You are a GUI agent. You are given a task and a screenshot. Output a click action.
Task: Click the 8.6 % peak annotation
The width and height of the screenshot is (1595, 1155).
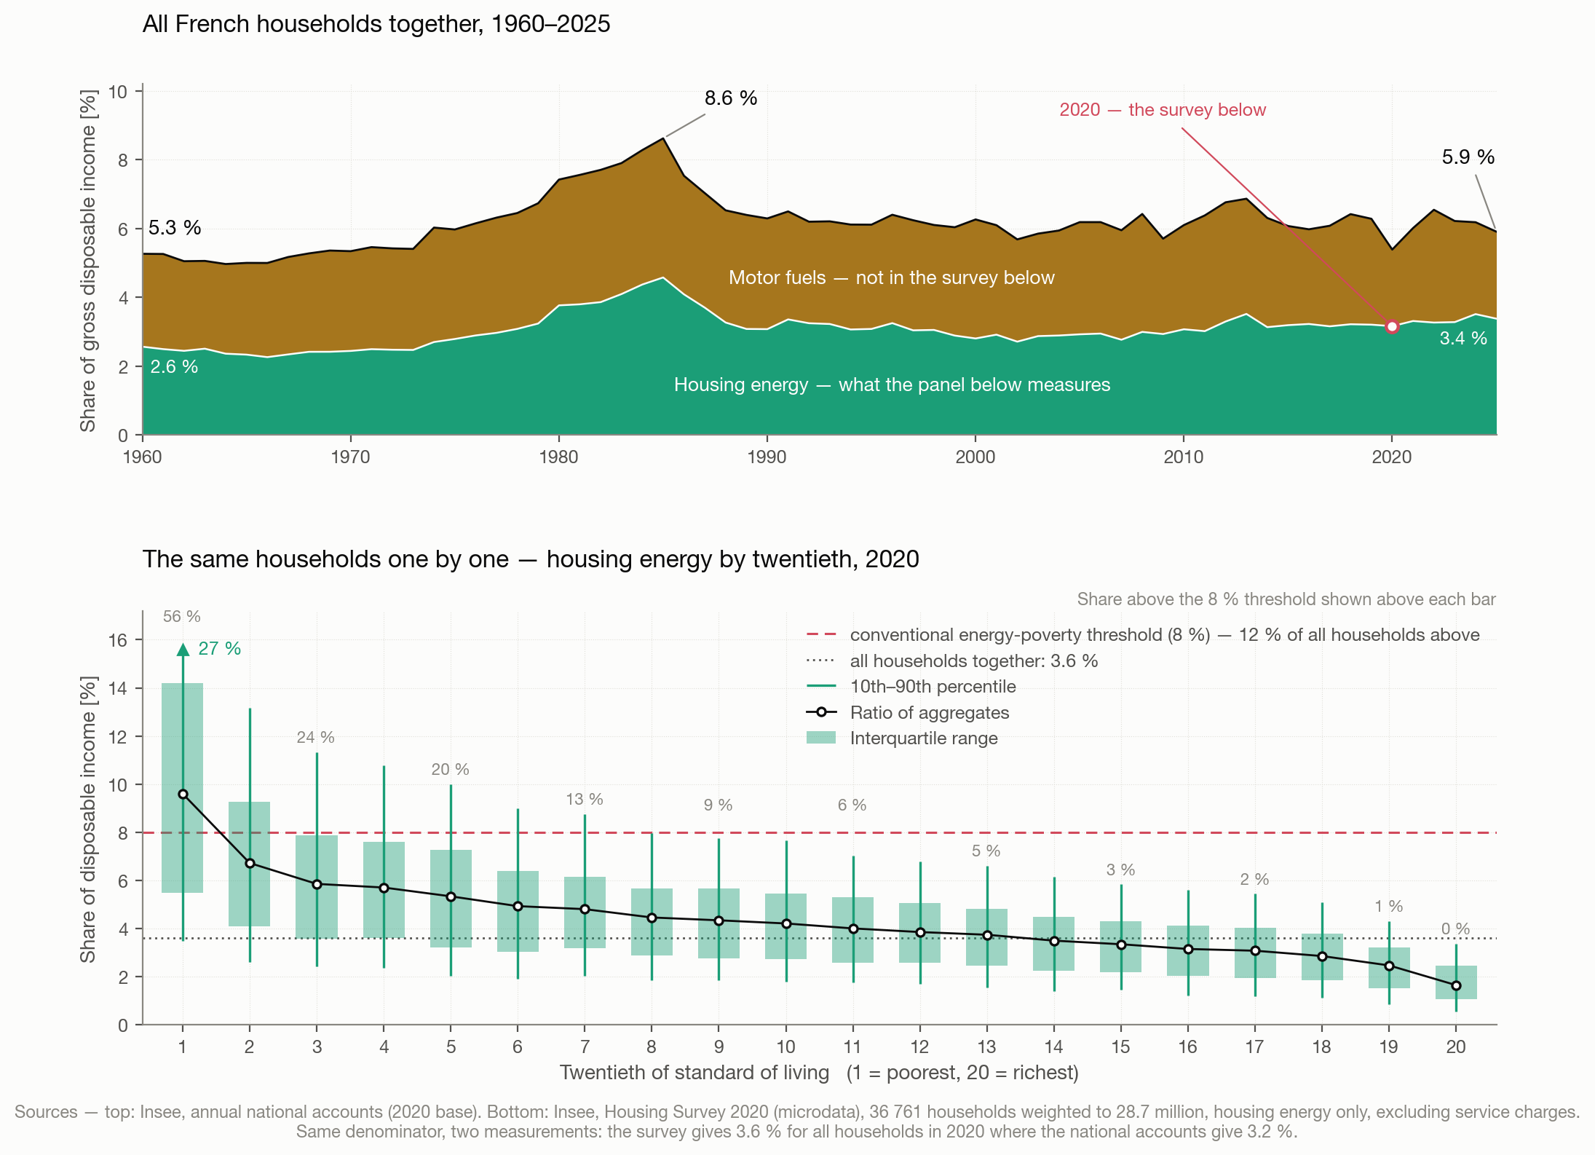tap(730, 98)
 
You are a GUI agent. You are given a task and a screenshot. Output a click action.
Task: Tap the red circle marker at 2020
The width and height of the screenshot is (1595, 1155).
tap(1392, 327)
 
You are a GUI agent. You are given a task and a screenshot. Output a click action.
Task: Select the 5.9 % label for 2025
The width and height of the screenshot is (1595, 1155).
tap(1468, 157)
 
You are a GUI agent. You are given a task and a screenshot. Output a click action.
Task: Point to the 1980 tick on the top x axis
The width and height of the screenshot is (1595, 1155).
tap(558, 457)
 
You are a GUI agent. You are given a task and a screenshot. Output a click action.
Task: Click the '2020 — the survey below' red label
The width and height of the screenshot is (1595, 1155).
tap(1163, 110)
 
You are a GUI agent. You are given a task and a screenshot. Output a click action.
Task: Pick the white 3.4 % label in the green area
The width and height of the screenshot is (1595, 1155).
tap(1463, 338)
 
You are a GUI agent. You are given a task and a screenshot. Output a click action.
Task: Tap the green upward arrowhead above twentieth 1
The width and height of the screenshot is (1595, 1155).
tap(183, 650)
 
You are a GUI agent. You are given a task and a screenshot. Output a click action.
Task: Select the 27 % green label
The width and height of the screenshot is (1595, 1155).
tap(219, 648)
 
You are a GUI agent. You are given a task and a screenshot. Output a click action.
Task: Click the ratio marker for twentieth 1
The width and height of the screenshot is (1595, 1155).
tap(183, 794)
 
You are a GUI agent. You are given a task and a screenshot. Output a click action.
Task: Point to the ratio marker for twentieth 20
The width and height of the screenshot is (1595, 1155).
tap(1456, 985)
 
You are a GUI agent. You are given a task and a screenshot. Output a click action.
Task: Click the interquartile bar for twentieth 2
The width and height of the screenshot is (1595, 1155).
tap(250, 864)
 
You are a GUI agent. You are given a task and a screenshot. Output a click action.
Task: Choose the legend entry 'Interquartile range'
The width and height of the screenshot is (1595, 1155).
tap(923, 738)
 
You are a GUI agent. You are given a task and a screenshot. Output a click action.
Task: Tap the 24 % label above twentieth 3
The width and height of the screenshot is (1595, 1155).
tap(315, 737)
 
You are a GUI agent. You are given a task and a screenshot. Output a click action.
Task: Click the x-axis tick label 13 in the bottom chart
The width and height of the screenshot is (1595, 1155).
tap(986, 1046)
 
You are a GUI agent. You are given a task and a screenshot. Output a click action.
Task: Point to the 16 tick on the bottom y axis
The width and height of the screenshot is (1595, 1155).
tap(118, 640)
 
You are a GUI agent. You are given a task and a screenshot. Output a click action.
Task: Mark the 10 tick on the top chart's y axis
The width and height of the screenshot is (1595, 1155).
tap(118, 92)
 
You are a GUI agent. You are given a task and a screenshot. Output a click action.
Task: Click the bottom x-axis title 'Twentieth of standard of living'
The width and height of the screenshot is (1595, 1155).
tap(694, 1072)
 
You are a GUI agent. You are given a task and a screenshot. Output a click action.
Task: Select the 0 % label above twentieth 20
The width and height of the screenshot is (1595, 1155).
tap(1455, 929)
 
